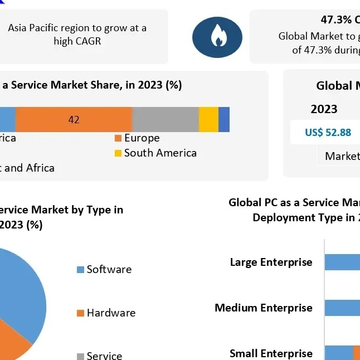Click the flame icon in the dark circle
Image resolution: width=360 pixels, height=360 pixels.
(x=217, y=37)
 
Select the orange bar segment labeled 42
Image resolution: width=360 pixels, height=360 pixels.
(x=74, y=119)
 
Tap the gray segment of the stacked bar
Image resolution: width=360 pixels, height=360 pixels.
(x=166, y=119)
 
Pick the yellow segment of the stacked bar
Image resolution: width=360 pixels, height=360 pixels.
(x=208, y=119)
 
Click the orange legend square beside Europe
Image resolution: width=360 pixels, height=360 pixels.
(x=118, y=138)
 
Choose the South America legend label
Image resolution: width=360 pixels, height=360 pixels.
(x=160, y=153)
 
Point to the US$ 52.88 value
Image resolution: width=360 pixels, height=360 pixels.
(x=328, y=132)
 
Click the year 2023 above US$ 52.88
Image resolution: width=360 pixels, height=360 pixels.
(x=324, y=109)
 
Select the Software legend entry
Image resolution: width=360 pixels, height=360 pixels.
(x=109, y=269)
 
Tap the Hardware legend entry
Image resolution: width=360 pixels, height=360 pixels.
(x=111, y=313)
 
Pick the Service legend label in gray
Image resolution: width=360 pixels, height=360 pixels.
(x=104, y=356)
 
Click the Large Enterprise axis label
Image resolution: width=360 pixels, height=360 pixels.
(x=271, y=262)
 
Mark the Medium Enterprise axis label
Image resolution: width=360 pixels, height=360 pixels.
(x=264, y=308)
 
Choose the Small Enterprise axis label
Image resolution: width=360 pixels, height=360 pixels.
(x=271, y=353)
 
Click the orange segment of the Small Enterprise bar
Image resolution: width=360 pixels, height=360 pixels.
(x=357, y=353)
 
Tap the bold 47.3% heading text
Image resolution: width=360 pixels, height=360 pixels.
(x=336, y=20)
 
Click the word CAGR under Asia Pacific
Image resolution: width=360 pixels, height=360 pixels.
(x=85, y=41)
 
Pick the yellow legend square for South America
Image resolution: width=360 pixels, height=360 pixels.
(x=118, y=153)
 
